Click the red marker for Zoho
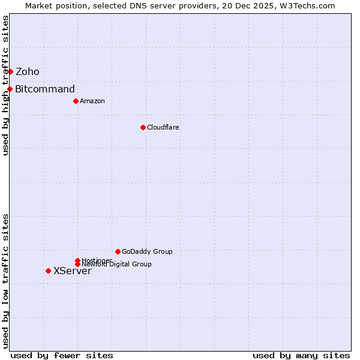click(x=10, y=72)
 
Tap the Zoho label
click(x=28, y=72)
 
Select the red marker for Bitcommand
click(x=10, y=89)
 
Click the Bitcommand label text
click(x=45, y=89)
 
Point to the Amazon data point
click(x=76, y=101)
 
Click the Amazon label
click(x=92, y=101)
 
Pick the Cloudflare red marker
click(x=143, y=127)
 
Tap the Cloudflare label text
click(x=163, y=127)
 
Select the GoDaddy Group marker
click(x=118, y=251)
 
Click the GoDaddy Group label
click(x=147, y=251)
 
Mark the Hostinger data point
click(x=77, y=260)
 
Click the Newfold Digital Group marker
click(x=77, y=265)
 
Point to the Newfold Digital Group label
click(x=117, y=265)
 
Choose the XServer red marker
click(x=48, y=271)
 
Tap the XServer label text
click(x=73, y=271)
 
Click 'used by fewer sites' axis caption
click(x=62, y=355)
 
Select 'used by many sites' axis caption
click(x=301, y=355)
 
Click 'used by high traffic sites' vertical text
click(x=6, y=85)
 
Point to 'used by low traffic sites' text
click(x=6, y=281)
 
